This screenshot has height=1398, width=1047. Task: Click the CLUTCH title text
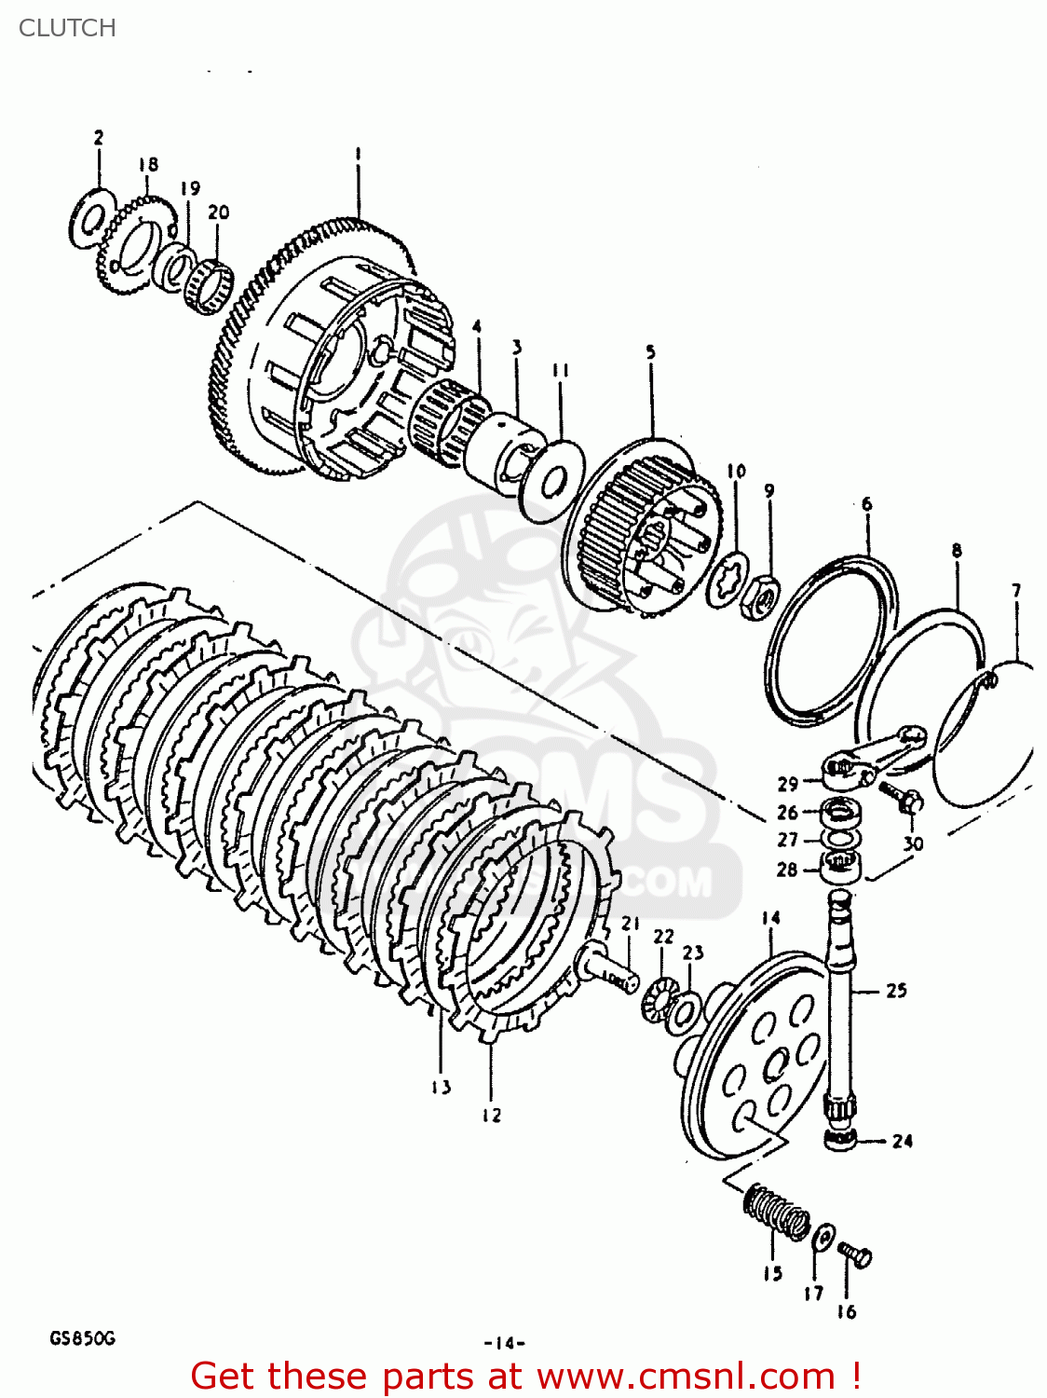coord(67,28)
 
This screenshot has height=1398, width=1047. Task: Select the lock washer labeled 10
coord(727,581)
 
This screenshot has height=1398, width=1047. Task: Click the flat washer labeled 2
coord(92,220)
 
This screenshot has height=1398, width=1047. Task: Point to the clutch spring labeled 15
coord(776,1211)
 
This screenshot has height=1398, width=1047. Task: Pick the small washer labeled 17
coord(823,1238)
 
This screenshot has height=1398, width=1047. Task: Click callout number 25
coord(896,990)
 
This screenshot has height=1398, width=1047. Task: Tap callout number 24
coord(902,1141)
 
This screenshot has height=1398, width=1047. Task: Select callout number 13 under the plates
coord(441,1087)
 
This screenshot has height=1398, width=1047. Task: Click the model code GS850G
coord(82,1339)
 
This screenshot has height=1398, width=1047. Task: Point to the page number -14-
coord(504,1343)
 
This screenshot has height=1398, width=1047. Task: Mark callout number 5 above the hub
coord(650,352)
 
